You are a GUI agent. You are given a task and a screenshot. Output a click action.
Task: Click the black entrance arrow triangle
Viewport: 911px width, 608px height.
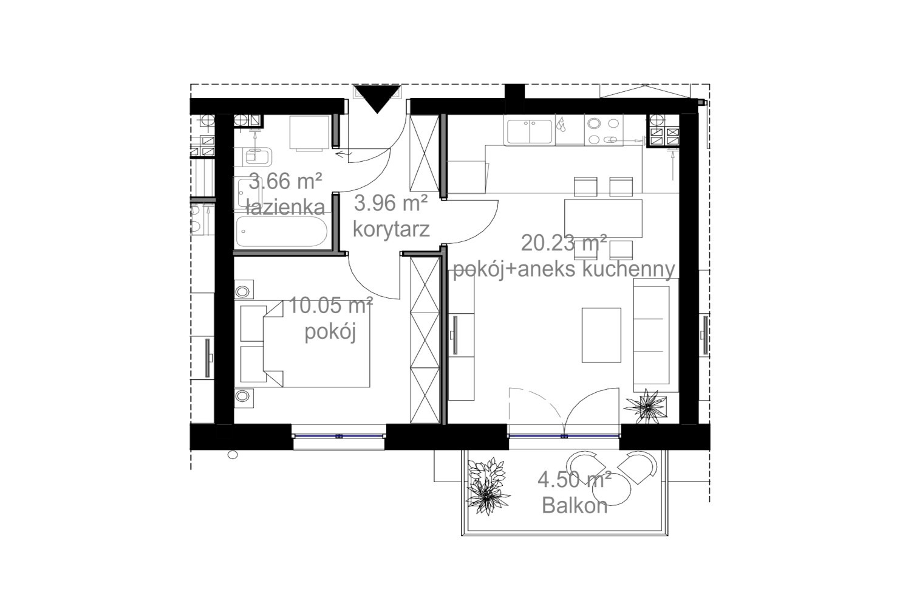click(377, 98)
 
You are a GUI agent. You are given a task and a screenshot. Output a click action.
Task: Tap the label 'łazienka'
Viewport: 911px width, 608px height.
click(285, 207)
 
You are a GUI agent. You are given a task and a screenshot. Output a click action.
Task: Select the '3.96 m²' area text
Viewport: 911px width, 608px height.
click(391, 203)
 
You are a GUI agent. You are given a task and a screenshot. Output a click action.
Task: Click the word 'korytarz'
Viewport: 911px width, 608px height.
click(391, 229)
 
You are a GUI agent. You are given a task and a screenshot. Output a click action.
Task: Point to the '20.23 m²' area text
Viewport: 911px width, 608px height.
click(564, 243)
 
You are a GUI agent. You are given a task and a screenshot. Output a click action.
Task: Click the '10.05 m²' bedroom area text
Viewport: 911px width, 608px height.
click(330, 305)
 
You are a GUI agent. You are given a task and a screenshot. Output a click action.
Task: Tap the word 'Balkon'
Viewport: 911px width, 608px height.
click(575, 506)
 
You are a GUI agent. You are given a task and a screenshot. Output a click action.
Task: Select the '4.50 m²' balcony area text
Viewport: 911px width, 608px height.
click(575, 479)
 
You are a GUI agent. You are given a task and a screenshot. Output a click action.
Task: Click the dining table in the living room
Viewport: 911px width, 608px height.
click(603, 218)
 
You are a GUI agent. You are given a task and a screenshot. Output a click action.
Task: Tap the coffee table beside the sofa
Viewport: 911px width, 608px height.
click(601, 335)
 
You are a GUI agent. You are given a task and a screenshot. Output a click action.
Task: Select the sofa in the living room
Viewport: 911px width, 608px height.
click(655, 335)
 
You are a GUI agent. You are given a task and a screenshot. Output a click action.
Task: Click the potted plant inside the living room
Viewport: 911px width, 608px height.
click(646, 406)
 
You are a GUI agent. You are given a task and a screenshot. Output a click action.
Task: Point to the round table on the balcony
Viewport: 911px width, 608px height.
click(611, 490)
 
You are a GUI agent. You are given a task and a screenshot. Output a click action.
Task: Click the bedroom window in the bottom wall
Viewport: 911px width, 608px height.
click(338, 436)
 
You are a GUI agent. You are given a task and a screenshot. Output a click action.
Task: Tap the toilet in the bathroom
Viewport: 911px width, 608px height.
click(258, 156)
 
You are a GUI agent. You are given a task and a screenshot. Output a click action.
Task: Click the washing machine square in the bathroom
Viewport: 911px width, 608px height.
click(309, 133)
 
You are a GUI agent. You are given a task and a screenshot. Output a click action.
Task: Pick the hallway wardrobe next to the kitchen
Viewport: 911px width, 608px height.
click(424, 153)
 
